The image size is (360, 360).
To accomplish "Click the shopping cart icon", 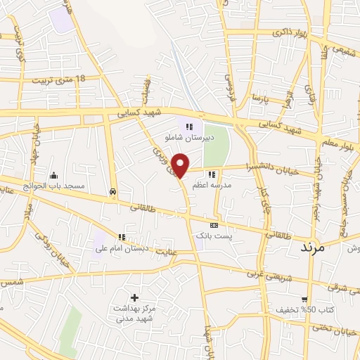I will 304,298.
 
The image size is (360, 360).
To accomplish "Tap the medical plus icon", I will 135,297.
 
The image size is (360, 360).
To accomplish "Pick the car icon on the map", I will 113,191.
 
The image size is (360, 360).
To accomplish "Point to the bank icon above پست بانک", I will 214,225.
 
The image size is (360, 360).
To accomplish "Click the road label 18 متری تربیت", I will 58,79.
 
